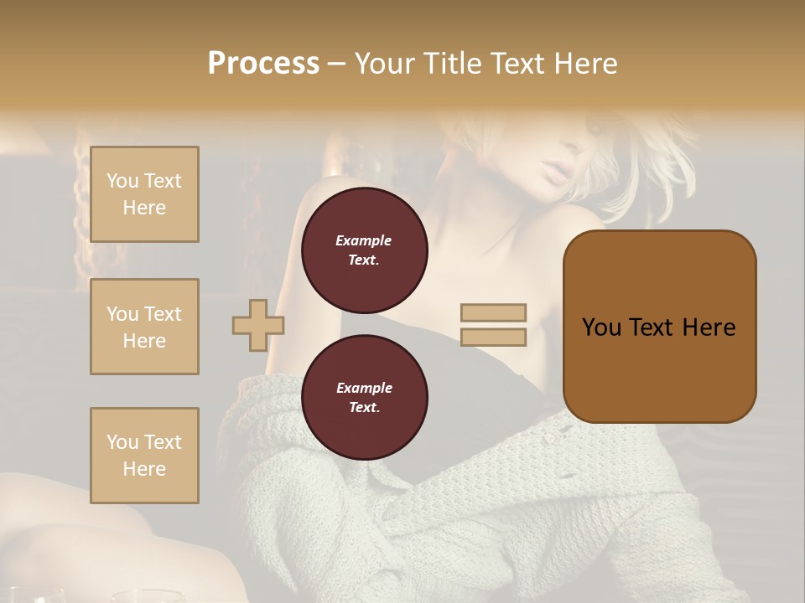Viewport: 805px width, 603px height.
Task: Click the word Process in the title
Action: tap(263, 64)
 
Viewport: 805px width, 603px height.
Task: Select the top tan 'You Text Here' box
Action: tap(144, 194)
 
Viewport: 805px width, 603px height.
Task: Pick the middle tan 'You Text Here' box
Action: tap(144, 327)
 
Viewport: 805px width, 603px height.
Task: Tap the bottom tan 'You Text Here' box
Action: tap(144, 456)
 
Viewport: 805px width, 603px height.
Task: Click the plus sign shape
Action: tap(258, 325)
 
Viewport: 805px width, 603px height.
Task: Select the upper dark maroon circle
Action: tap(364, 250)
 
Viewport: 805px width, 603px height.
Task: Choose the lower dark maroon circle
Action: tap(364, 398)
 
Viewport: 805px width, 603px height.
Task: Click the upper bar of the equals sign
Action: tap(493, 312)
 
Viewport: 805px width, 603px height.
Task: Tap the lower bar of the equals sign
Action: tap(493, 337)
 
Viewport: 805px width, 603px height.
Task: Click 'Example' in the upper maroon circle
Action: tap(364, 240)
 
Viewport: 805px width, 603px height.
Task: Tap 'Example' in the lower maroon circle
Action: tap(364, 388)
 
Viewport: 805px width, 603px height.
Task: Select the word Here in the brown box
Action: tap(709, 327)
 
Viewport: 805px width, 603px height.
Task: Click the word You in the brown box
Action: tap(601, 327)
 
